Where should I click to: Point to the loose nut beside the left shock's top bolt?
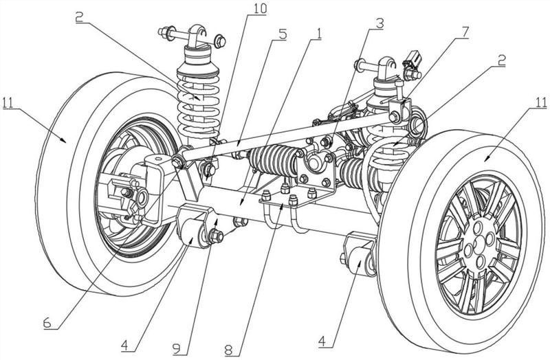219,41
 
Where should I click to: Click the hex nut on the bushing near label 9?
215,238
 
